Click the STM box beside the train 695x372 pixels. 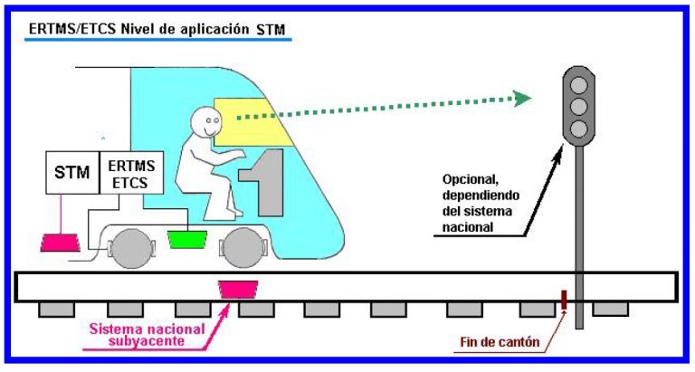pos(72,172)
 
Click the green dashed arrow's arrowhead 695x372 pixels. pos(521,97)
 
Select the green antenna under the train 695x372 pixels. pos(187,241)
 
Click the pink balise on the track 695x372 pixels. pos(239,290)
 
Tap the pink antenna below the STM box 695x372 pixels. pos(61,242)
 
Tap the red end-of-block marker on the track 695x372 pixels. pos(563,300)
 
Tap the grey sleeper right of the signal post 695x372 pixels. pos(611,310)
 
